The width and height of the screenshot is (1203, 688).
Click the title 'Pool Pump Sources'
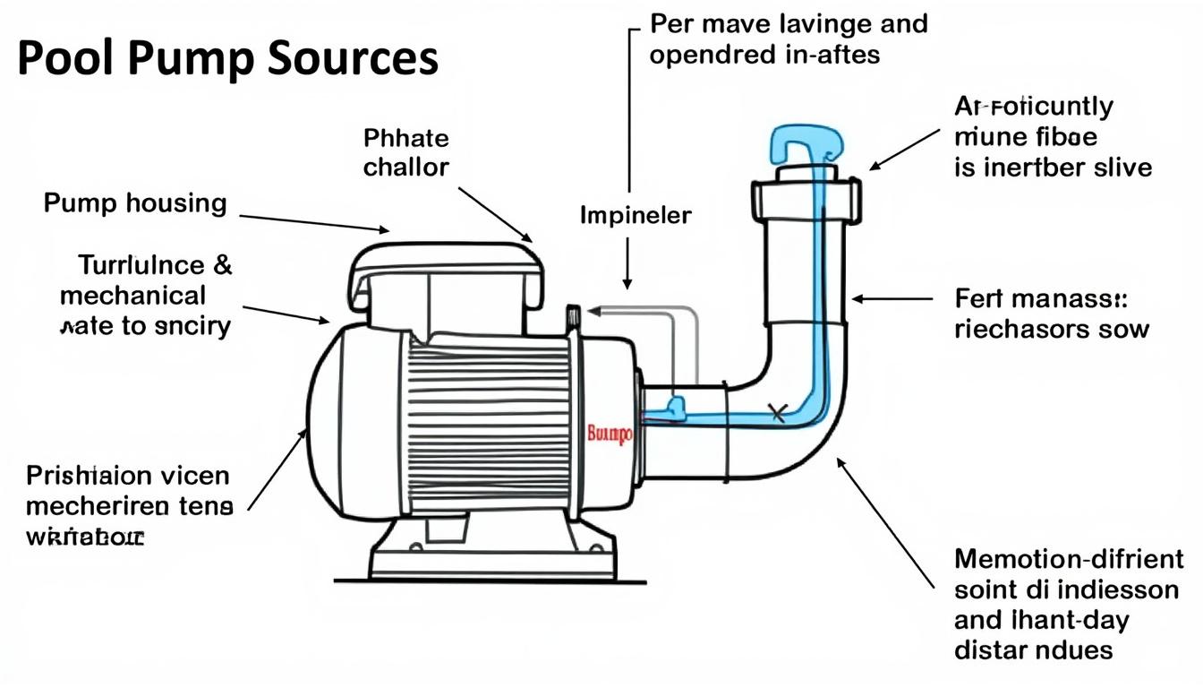click(227, 59)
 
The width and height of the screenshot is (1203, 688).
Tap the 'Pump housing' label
click(135, 203)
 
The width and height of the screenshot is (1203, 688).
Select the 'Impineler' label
click(636, 216)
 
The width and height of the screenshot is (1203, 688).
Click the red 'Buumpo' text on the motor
click(609, 434)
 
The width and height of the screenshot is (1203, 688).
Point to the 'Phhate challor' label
click(406, 153)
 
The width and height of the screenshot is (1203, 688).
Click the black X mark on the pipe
click(777, 413)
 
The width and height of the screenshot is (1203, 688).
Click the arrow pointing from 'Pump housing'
click(313, 222)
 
